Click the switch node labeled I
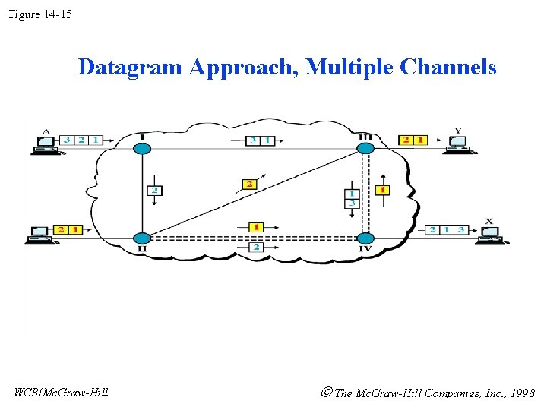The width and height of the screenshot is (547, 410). pos(142,147)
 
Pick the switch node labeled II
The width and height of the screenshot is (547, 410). pos(142,238)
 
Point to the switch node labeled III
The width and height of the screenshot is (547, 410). pos(365,147)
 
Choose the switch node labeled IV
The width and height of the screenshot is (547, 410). pos(365,238)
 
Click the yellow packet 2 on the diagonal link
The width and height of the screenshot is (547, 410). pos(249,184)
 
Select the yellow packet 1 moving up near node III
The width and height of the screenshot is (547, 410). pos(383,189)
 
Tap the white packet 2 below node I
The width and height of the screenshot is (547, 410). pos(154,189)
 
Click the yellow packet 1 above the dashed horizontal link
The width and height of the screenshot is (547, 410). pos(256,227)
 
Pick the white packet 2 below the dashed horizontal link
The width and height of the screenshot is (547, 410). pos(256,248)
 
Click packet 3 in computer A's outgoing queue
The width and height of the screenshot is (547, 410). pos(68,140)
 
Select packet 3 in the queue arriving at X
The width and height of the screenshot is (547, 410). pos(460,229)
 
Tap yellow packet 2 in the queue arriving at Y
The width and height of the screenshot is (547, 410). pos(406,140)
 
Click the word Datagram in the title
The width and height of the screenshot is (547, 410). pos(130,68)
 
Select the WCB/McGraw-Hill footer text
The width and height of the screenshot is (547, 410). pos(62,392)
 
